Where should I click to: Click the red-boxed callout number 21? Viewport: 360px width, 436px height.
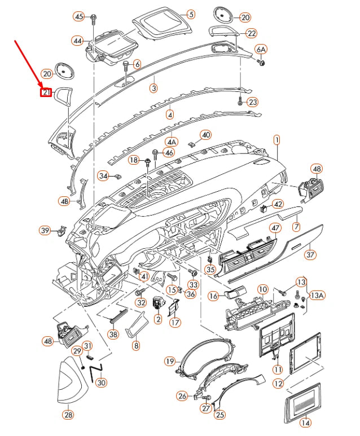coord(46,92)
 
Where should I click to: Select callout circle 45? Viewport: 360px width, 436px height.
coord(78,16)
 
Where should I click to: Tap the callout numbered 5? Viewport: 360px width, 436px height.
coord(190,14)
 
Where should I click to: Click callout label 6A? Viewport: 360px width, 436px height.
coord(261,49)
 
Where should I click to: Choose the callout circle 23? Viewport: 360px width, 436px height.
coord(253,102)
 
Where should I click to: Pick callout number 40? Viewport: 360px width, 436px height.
coord(205,135)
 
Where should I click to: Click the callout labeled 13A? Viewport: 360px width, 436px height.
coord(318,295)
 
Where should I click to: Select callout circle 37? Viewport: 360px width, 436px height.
coord(310,254)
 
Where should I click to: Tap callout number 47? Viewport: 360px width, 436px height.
coord(275,228)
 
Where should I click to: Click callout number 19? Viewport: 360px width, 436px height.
coord(169,360)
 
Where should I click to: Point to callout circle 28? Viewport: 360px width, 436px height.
coord(68,415)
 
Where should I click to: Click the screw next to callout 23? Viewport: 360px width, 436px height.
coord(241,102)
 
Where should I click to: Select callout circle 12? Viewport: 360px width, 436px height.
coord(278,383)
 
